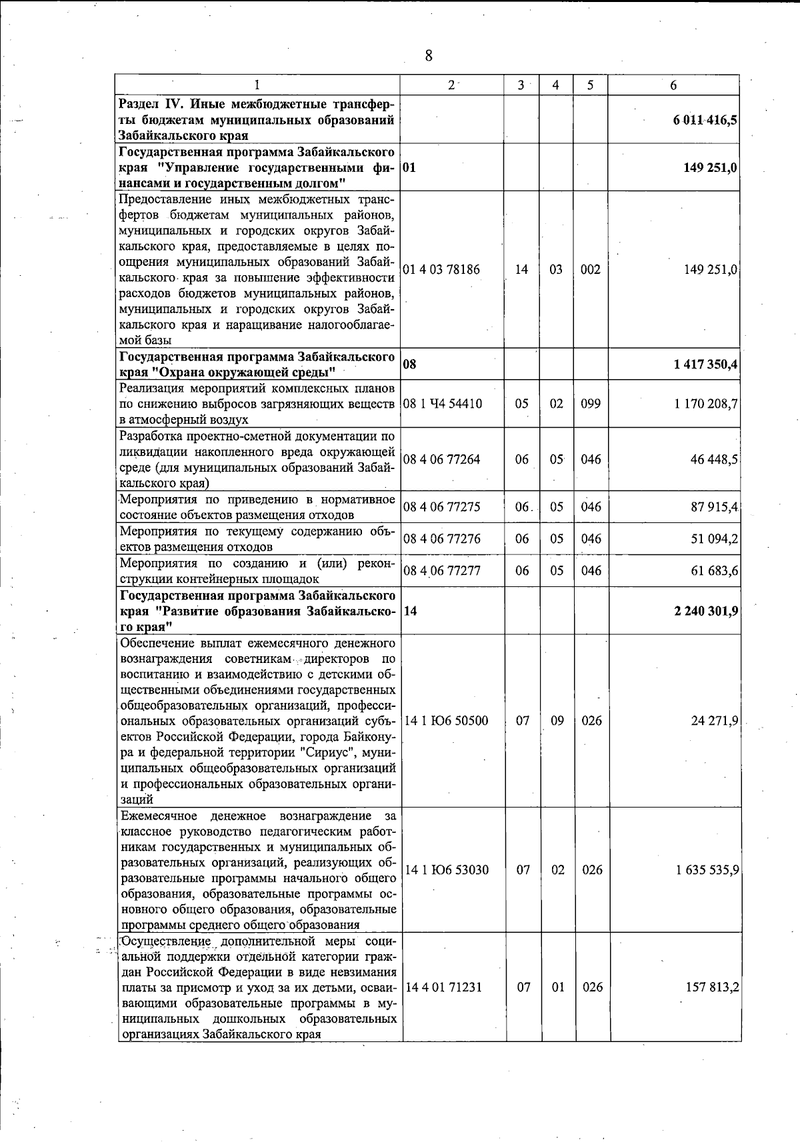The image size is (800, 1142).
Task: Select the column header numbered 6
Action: [x=673, y=85]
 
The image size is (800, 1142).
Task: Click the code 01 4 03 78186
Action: [x=441, y=269]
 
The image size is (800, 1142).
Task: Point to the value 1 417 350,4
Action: [x=705, y=364]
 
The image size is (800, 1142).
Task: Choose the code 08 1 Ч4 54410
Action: [x=443, y=404]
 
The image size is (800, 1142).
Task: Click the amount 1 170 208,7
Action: [x=706, y=404]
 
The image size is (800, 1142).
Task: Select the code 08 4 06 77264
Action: [x=441, y=460]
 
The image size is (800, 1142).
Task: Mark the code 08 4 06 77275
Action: [x=441, y=507]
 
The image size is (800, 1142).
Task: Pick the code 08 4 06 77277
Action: [x=441, y=570]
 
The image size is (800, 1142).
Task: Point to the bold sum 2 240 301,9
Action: [x=705, y=611]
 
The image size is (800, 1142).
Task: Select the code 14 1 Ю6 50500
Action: [x=446, y=721]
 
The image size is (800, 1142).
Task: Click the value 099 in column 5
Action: [x=591, y=404]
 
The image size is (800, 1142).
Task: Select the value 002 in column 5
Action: [x=591, y=269]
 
